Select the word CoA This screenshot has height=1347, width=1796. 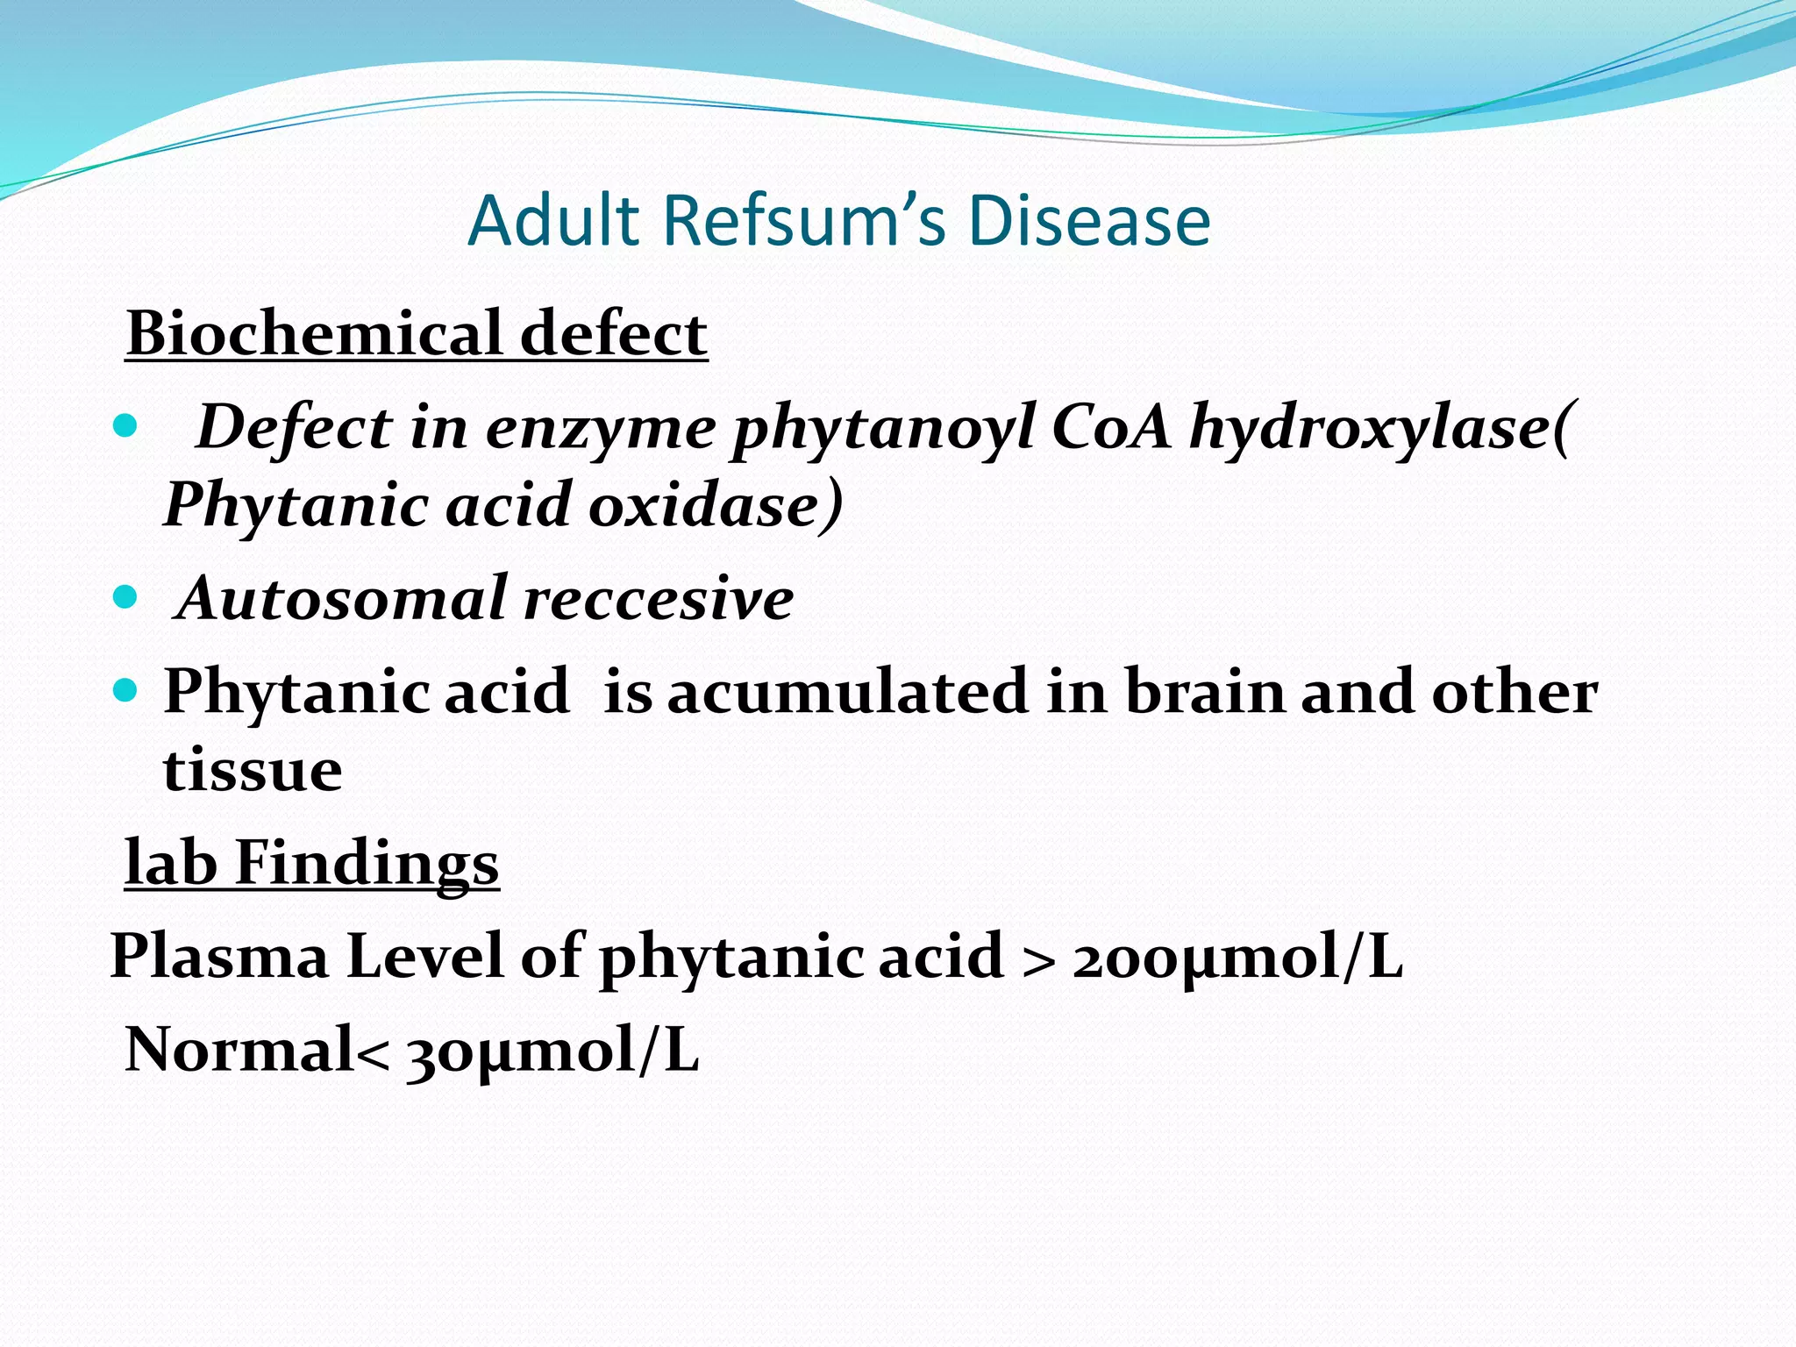[1110, 428]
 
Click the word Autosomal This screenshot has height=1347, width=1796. [343, 599]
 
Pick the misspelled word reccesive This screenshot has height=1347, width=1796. [659, 599]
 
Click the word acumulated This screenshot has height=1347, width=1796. [847, 692]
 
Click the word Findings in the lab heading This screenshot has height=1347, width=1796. [367, 863]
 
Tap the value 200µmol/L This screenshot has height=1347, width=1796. [1237, 957]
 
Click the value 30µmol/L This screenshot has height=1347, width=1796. [552, 1051]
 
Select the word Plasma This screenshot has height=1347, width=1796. [219, 957]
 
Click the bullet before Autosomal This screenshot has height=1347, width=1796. [126, 599]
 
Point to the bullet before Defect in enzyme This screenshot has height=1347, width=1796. [126, 428]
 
